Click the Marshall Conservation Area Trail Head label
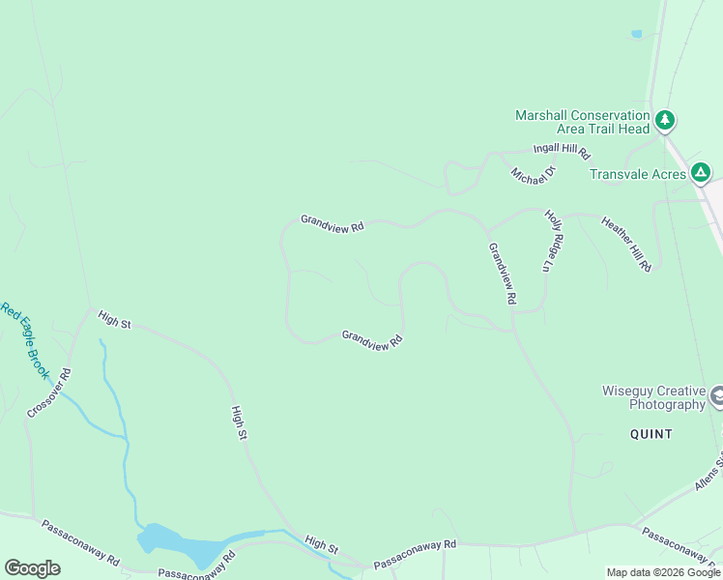tap(582, 122)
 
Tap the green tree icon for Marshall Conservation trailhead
tap(664, 121)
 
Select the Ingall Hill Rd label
tap(562, 152)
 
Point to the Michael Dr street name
tap(535, 175)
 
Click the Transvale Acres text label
tap(638, 174)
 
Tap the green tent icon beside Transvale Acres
tap(701, 174)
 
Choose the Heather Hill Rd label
tap(626, 244)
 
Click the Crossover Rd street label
tap(49, 392)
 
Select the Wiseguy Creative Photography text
tap(653, 397)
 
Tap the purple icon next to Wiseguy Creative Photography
tap(718, 396)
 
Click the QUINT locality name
tap(651, 434)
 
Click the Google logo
tap(32, 568)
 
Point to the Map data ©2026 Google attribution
tap(663, 572)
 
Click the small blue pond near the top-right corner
tap(636, 34)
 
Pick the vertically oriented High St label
tap(240, 424)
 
